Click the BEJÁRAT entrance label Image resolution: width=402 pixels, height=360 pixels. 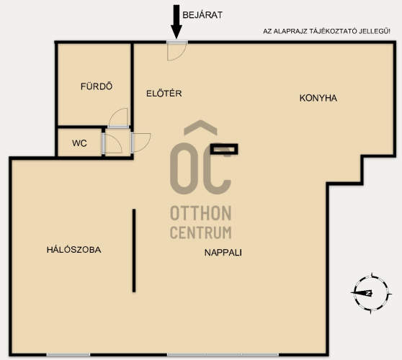coord(202,15)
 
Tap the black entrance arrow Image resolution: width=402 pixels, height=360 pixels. coord(177,22)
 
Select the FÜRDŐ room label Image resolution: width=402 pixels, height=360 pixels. coord(97,86)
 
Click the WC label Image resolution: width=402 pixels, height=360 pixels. coord(79,143)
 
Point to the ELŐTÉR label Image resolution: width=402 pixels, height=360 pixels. coord(164,94)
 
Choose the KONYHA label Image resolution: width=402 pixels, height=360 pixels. coord(318,98)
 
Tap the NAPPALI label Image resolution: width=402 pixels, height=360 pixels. coord(223,253)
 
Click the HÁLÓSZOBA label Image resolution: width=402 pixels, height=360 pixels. coord(73,250)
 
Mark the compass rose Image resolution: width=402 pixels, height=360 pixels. coord(371,293)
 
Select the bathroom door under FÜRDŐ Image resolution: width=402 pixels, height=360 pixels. coord(118,117)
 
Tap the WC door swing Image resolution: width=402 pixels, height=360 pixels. coord(112,143)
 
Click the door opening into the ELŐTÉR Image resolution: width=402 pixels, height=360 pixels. coord(140,143)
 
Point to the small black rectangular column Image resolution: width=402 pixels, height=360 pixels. coord(224,149)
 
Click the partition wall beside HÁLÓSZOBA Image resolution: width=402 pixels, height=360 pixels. coord(134,251)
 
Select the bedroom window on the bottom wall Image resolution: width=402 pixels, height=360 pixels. coord(68,355)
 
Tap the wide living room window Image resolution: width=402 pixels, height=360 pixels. coord(223,355)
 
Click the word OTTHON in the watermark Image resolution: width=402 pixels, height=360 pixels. coord(201,213)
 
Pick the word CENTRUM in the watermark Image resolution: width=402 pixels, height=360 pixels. coord(201,232)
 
